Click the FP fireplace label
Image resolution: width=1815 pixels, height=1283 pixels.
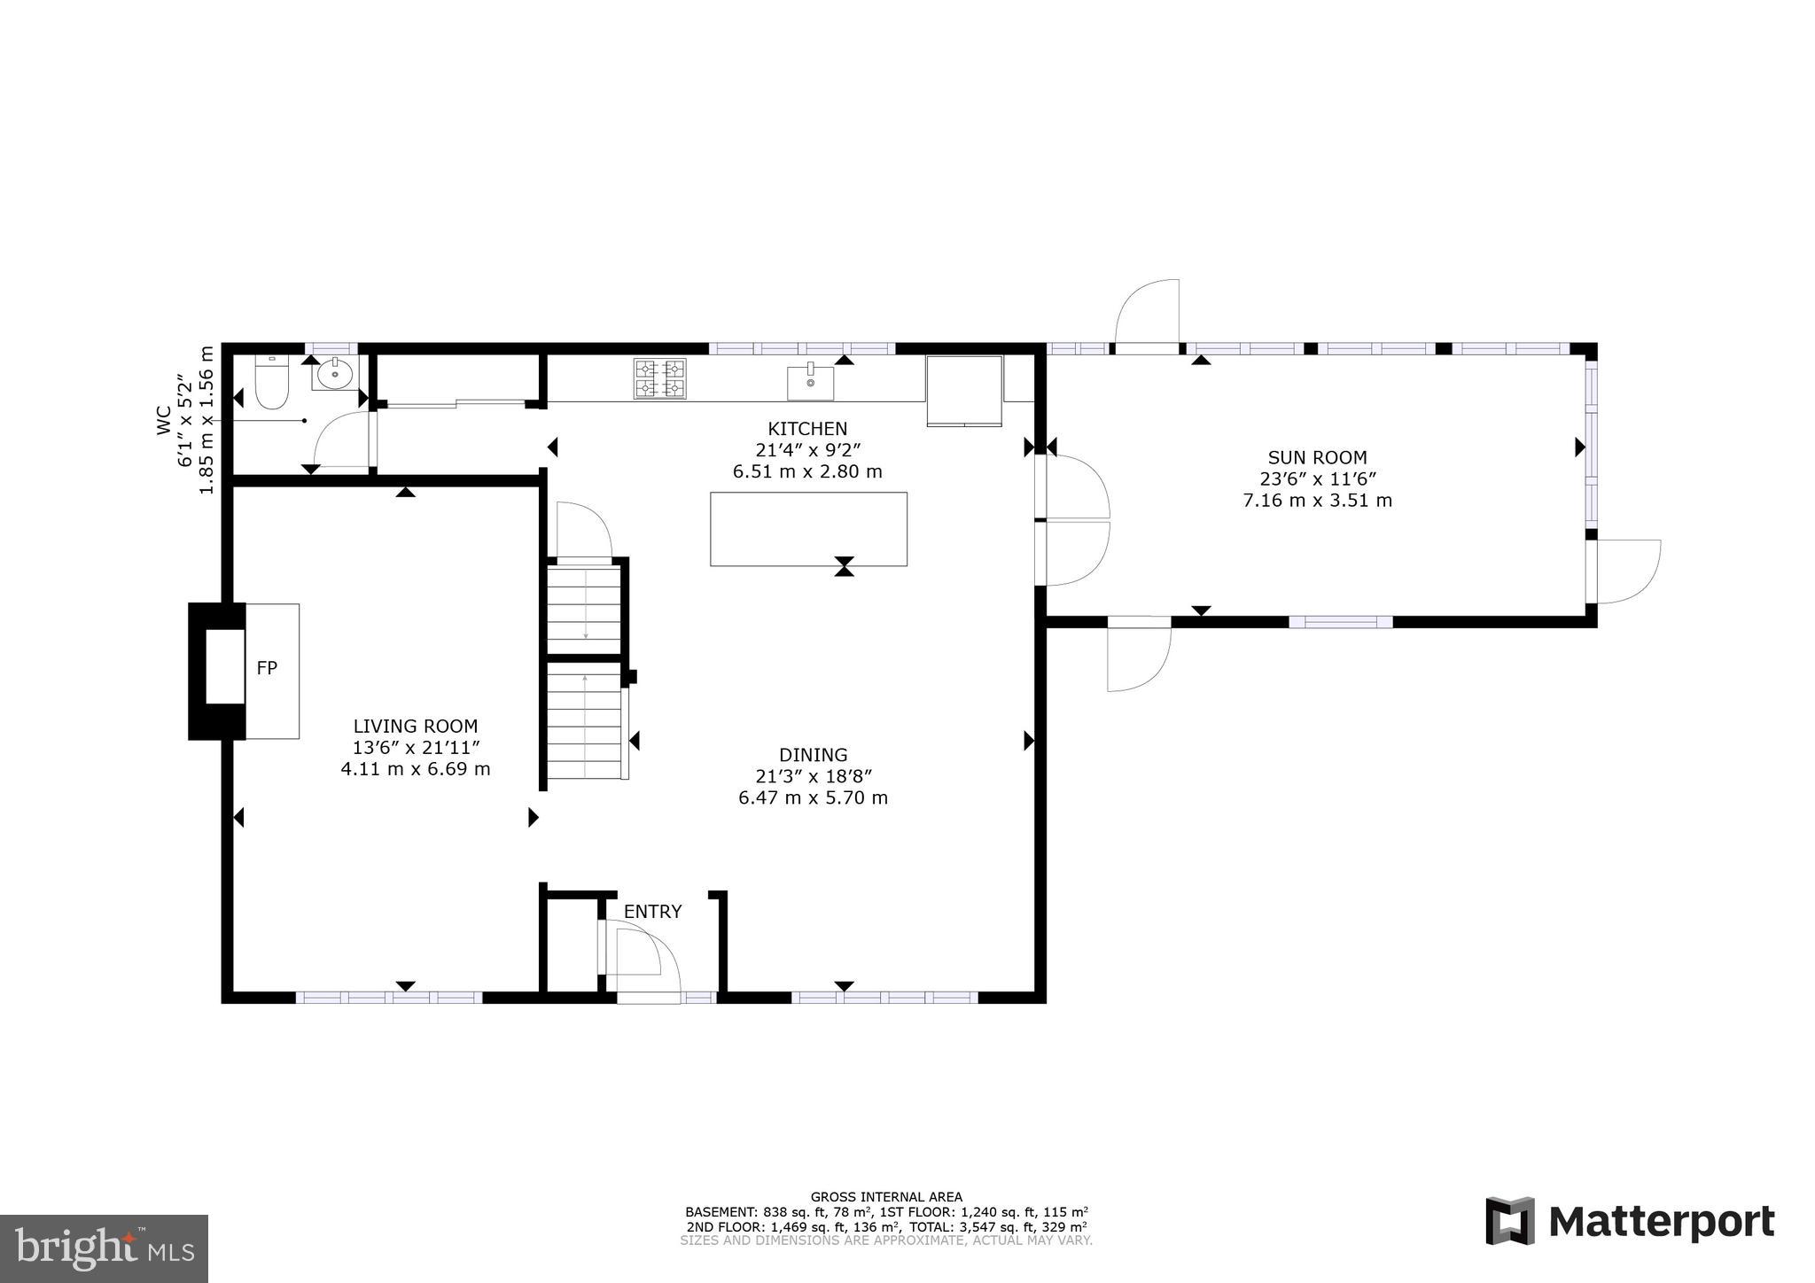tap(267, 669)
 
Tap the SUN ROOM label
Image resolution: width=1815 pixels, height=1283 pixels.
tap(1317, 458)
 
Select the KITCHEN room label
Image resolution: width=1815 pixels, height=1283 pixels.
tap(807, 429)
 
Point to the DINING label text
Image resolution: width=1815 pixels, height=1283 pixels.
tap(813, 755)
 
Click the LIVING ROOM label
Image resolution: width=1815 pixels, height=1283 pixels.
tap(416, 727)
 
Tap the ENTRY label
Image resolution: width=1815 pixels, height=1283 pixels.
tap(653, 912)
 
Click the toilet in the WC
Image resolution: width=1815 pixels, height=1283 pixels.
tap(272, 384)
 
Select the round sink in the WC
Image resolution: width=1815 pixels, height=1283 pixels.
tap(334, 376)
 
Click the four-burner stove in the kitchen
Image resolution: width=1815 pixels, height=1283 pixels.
tap(659, 378)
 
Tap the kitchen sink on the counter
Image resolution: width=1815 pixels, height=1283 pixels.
tap(810, 382)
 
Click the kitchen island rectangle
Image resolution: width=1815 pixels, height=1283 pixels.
tap(808, 528)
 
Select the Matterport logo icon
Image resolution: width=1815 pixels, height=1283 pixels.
tap(1510, 1221)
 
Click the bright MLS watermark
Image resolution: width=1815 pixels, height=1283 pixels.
tap(105, 1248)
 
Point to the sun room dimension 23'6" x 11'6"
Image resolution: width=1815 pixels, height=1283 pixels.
tap(1318, 479)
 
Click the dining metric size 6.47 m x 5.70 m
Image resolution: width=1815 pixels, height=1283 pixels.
tap(813, 798)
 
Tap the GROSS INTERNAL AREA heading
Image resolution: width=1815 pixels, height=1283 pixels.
tap(886, 1197)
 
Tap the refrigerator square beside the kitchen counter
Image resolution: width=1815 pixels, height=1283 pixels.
tap(964, 390)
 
